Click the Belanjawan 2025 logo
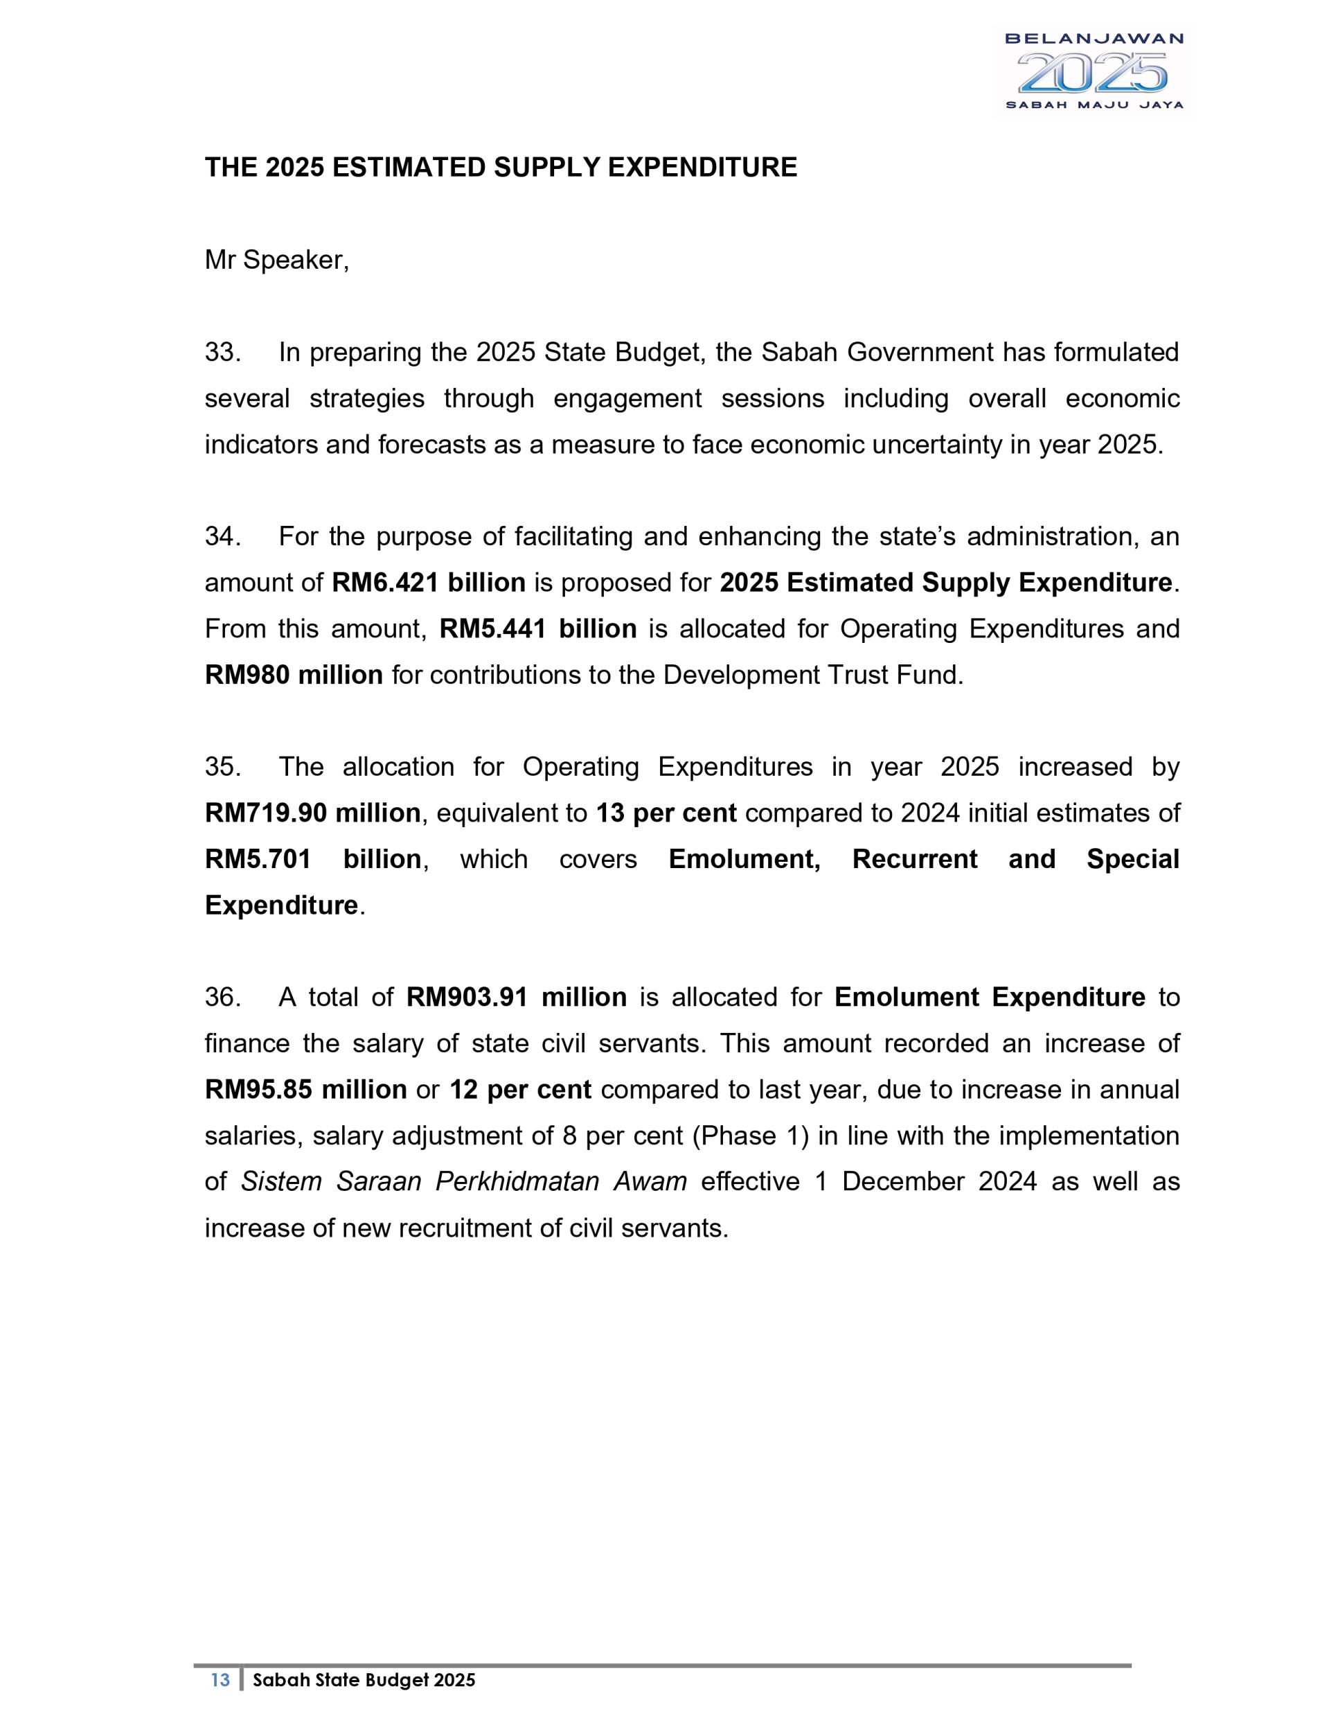1093,72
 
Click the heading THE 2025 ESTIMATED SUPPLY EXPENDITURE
501,168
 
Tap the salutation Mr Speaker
276,260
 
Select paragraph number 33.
222,352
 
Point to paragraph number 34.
222,537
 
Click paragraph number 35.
222,767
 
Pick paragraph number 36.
222,997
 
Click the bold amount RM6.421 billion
428,583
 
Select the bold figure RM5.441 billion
538,629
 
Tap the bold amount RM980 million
293,675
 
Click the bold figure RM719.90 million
312,813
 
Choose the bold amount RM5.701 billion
312,859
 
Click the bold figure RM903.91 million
516,997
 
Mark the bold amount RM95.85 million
305,1090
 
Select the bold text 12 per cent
520,1090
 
